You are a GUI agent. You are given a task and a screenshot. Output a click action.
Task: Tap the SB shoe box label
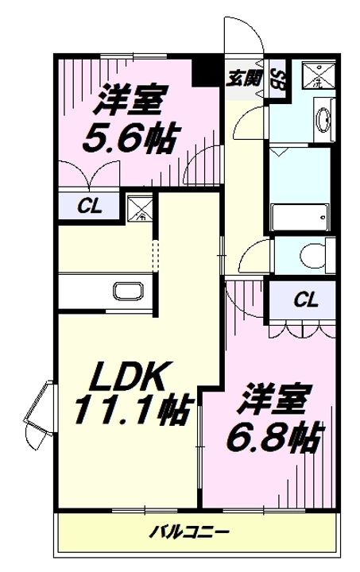coord(277,79)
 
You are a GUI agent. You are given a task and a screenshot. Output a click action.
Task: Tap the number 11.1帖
coord(132,411)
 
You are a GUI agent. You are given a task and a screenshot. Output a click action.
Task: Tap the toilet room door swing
coord(256,259)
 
